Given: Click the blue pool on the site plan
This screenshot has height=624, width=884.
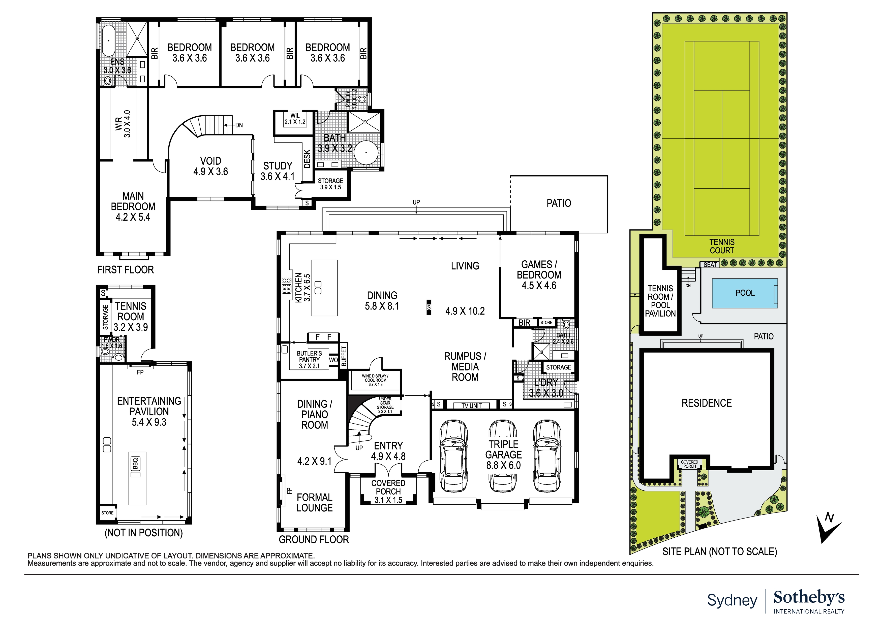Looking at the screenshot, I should coord(744,293).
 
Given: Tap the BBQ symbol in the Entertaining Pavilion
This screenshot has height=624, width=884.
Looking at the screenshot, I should coord(135,464).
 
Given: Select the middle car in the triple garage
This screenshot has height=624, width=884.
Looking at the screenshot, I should coord(503,456).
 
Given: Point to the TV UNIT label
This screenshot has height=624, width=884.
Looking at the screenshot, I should coord(471,405).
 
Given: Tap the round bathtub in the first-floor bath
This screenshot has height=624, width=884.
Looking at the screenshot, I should coord(366,153).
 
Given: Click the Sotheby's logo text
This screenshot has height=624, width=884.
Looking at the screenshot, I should coord(809,598).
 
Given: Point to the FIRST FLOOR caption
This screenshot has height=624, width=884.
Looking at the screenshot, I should coord(126,270).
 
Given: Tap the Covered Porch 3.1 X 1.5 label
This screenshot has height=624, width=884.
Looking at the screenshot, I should coord(388,491).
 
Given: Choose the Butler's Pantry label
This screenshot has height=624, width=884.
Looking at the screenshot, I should coord(309,359).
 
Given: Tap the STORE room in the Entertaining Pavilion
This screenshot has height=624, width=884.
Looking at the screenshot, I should coord(107,513).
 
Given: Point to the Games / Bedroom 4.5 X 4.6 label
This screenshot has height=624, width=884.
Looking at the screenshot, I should coord(539,275).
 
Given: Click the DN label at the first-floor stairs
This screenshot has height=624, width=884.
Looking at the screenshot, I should coord(239,125).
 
